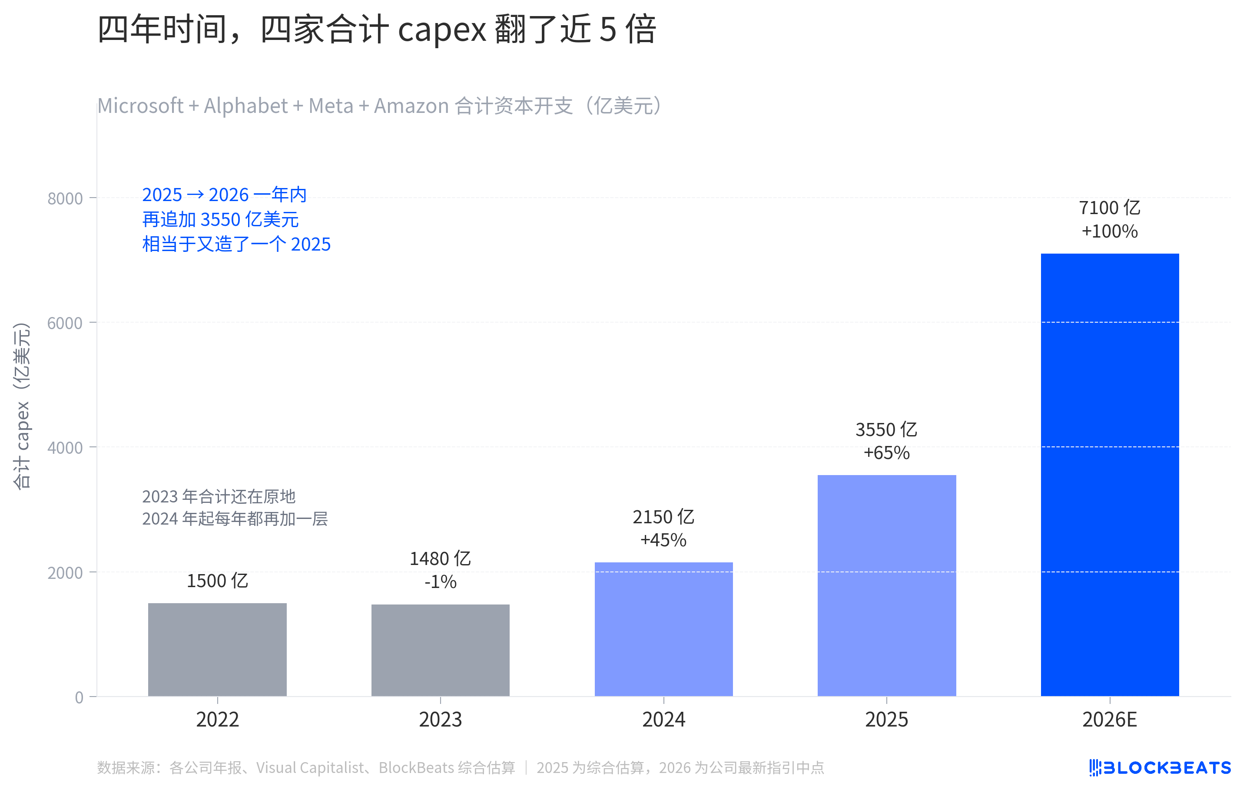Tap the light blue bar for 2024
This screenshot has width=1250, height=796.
coord(663,629)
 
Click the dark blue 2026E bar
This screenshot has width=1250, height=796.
coord(1110,475)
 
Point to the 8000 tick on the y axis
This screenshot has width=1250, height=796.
coord(65,199)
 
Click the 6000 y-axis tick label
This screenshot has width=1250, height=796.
coord(65,323)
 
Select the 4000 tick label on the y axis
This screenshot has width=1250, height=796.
coord(65,448)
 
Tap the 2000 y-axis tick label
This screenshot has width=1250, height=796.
coord(65,573)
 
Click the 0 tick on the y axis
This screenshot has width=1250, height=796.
coord(79,697)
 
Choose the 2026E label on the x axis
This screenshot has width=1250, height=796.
coord(1110,720)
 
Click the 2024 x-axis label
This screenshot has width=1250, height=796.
coord(663,720)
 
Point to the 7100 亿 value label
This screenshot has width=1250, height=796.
coord(1110,208)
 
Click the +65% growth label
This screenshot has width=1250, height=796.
coord(887,453)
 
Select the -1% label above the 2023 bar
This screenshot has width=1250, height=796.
coord(440,582)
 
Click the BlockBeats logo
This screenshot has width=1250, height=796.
coord(1160,767)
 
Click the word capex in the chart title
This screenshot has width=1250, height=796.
coord(442,30)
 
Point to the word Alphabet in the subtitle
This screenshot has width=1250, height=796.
coord(245,106)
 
